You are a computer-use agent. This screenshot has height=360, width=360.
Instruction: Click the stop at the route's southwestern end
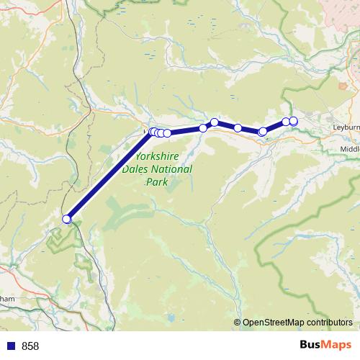pyautogui.click(x=67, y=219)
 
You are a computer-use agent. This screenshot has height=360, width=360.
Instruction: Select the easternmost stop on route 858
pyautogui.click(x=293, y=121)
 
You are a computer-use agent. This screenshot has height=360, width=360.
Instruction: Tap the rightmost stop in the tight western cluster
pyautogui.click(x=167, y=133)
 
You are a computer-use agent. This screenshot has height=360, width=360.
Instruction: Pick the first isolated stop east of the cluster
pyautogui.click(x=203, y=128)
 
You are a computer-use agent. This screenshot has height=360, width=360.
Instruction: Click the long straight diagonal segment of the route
pyautogui.click(x=108, y=177)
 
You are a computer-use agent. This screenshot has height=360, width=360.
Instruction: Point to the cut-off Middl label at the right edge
pyautogui.click(x=348, y=149)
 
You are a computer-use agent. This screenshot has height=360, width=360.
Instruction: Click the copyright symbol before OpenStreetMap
pyautogui.click(x=237, y=323)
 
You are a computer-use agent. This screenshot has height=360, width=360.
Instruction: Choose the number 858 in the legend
pyautogui.click(x=30, y=346)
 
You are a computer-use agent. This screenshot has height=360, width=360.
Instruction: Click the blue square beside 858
pyautogui.click(x=11, y=346)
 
